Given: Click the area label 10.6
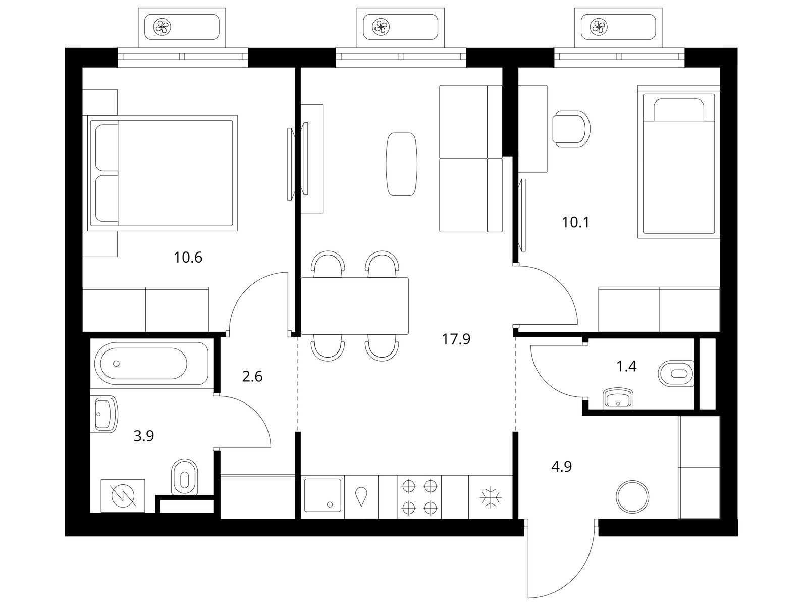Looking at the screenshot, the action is (188, 258).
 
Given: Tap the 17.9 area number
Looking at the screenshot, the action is (456, 339).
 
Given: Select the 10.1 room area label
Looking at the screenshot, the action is (575, 223).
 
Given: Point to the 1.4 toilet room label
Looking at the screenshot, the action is (627, 366).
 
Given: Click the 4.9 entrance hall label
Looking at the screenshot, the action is (562, 467).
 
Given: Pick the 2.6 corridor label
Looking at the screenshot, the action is (252, 376).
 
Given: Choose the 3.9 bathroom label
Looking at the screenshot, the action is (144, 436).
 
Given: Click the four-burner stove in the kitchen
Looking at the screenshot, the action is (419, 497).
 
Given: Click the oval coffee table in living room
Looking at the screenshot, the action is (401, 164).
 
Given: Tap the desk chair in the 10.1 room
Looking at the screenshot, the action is (571, 129).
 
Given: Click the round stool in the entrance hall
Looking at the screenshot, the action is (632, 497).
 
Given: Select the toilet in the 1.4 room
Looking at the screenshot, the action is (676, 373).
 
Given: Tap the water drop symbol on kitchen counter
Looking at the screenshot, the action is (361, 496).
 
